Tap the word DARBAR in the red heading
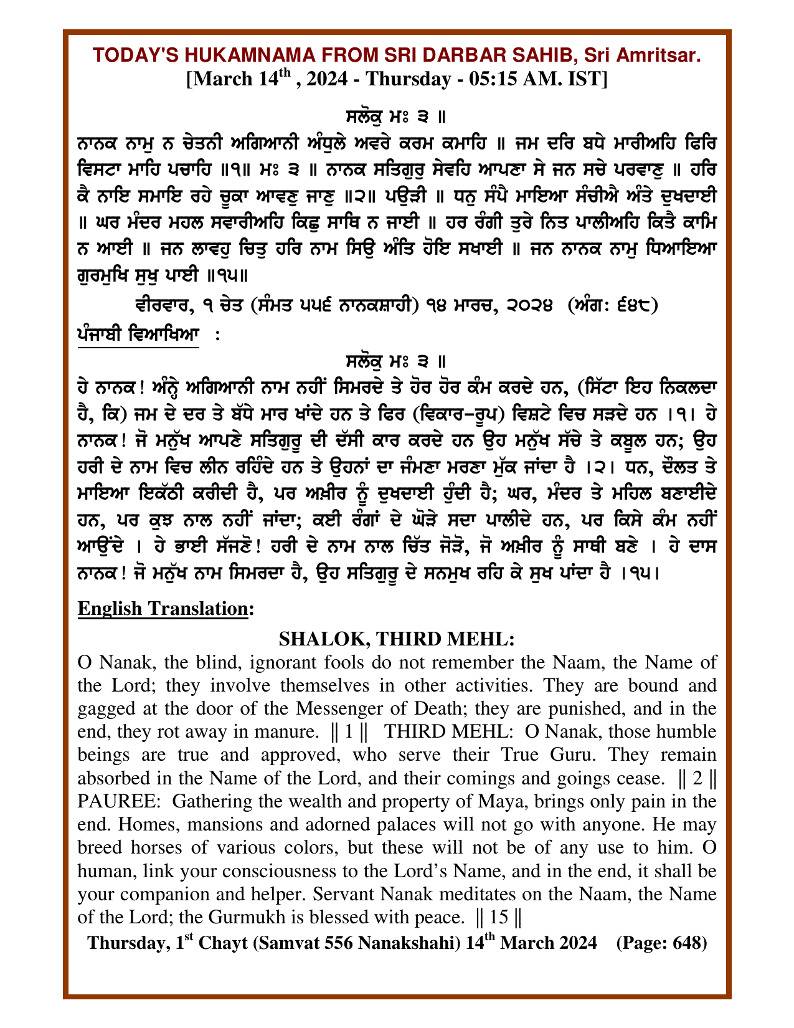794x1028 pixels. pos(445,56)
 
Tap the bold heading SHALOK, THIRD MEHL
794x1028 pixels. pos(396,639)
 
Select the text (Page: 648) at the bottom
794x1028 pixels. pos(661,943)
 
